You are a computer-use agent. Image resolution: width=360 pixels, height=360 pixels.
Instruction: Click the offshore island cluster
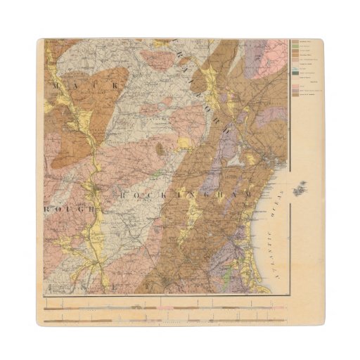click(301, 188)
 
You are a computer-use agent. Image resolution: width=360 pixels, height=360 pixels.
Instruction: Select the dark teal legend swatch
click(295, 73)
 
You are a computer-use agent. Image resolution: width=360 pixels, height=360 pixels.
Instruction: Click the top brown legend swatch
click(295, 42)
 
